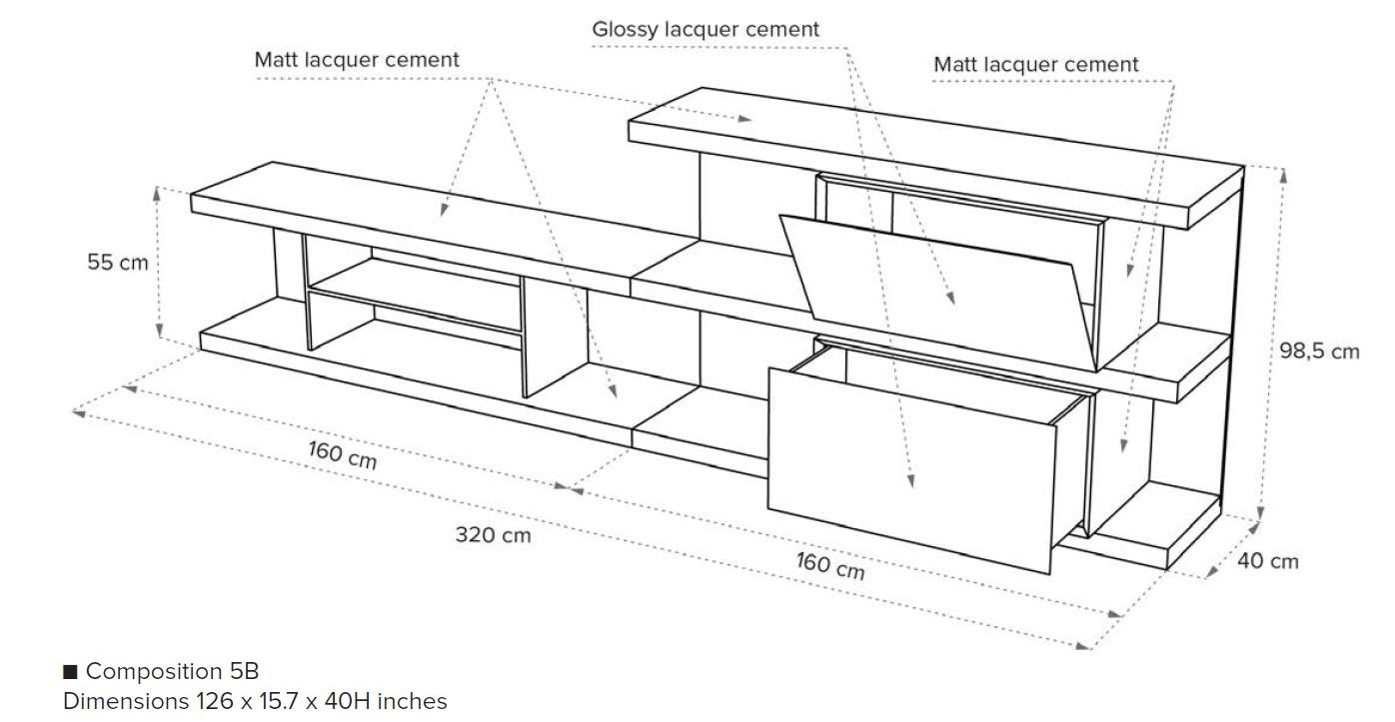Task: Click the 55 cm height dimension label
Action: pos(117,263)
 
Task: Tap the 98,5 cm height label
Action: pos(1319,351)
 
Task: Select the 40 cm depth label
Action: pos(1268,561)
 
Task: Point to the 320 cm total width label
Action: pos(494,535)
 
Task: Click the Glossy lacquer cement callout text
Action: pos(705,29)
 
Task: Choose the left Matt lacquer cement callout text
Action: pos(357,60)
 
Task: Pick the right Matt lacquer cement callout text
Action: pos(1036,65)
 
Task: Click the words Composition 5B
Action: pos(172,671)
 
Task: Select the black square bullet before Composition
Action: pos(70,671)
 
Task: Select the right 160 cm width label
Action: pos(829,565)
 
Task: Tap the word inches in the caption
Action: pos(412,702)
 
